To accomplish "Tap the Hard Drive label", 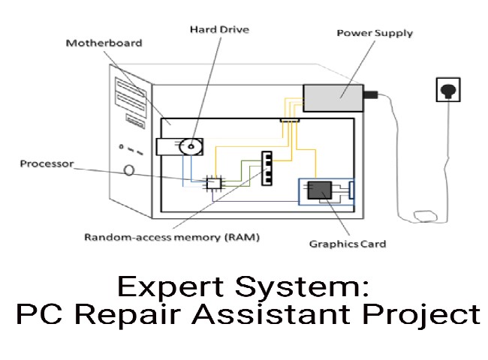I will coord(218,29).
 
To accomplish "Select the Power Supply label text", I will coord(374,33).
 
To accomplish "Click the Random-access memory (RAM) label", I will coord(172,238).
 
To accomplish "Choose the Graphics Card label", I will coord(348,244).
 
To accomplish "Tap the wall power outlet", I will coord(447,91).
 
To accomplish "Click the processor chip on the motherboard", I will coord(214,182).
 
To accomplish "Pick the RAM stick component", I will coord(265,168).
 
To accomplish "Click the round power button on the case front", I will coord(129,170).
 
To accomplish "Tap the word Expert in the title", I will coord(162,287).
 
